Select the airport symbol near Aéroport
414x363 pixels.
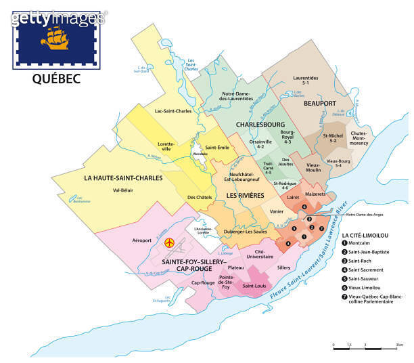170,242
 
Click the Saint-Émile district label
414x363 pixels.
218,148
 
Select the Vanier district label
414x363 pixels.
276,211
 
